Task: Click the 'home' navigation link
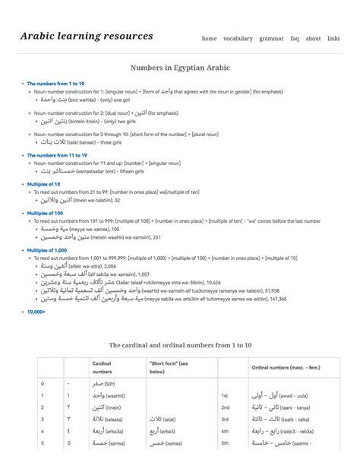coord(209,39)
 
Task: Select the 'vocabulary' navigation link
coord(238,39)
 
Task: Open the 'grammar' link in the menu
coord(271,39)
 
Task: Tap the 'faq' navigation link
coord(295,39)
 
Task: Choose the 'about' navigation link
coord(313,39)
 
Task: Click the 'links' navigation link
coord(333,39)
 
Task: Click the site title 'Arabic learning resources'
coord(87,36)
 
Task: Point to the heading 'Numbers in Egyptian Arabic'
coord(180,68)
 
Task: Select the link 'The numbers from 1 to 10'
coord(55,84)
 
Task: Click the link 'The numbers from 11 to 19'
coord(57,155)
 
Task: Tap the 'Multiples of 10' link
coord(44,184)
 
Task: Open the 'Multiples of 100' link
coord(46,213)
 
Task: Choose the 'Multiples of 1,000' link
coord(47,250)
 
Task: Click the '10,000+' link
coord(36,312)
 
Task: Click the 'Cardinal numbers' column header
coord(102,368)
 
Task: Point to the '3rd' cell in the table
coord(225,419)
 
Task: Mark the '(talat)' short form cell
coord(166,419)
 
